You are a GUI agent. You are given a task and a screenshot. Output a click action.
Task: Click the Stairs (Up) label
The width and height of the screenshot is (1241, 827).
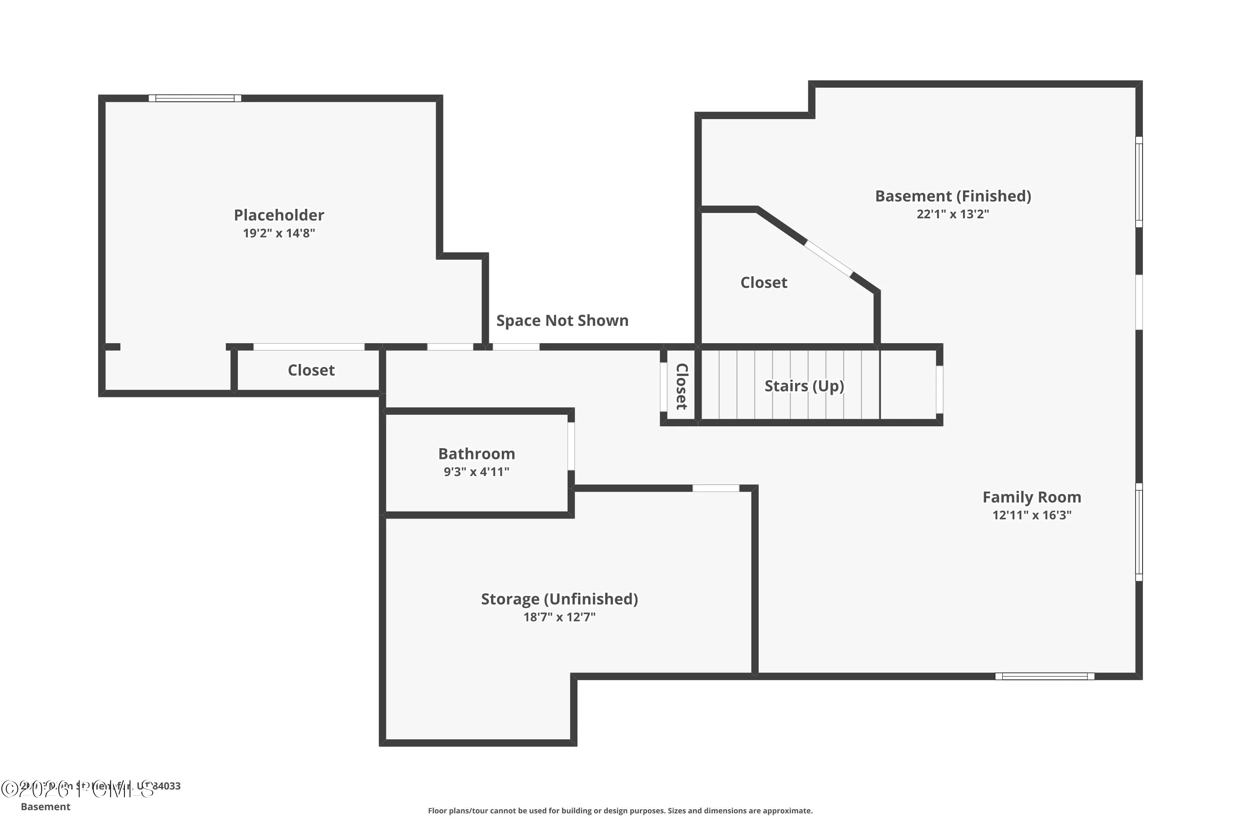tap(804, 386)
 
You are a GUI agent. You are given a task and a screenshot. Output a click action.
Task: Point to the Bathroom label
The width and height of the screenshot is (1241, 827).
tap(477, 454)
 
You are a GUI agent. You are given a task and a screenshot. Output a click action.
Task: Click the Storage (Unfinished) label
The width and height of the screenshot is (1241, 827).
tap(559, 599)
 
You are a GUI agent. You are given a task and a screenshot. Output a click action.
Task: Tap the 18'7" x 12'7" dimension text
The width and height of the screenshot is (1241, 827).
tap(559, 617)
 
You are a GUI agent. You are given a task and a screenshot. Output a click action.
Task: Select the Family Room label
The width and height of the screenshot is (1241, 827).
tap(1032, 497)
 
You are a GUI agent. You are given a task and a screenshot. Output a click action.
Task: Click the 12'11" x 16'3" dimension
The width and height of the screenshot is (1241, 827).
tap(1032, 515)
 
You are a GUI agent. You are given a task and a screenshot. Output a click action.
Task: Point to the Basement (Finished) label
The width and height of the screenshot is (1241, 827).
tap(953, 196)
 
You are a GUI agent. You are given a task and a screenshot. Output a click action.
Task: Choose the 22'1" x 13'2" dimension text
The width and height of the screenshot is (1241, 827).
tap(953, 214)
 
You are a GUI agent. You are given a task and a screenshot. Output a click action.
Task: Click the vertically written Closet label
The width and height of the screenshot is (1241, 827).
tap(681, 386)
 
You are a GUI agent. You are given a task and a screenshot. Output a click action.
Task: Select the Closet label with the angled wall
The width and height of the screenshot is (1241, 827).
tap(764, 283)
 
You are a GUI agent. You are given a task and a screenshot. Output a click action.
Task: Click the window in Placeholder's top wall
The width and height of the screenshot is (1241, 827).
tap(195, 98)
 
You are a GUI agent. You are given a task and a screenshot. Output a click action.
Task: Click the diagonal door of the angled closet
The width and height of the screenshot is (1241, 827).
tap(828, 258)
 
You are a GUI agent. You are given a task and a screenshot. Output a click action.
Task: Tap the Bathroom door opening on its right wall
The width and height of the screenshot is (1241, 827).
tap(571, 446)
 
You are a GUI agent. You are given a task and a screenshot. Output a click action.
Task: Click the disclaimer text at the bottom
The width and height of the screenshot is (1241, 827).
tap(620, 810)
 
